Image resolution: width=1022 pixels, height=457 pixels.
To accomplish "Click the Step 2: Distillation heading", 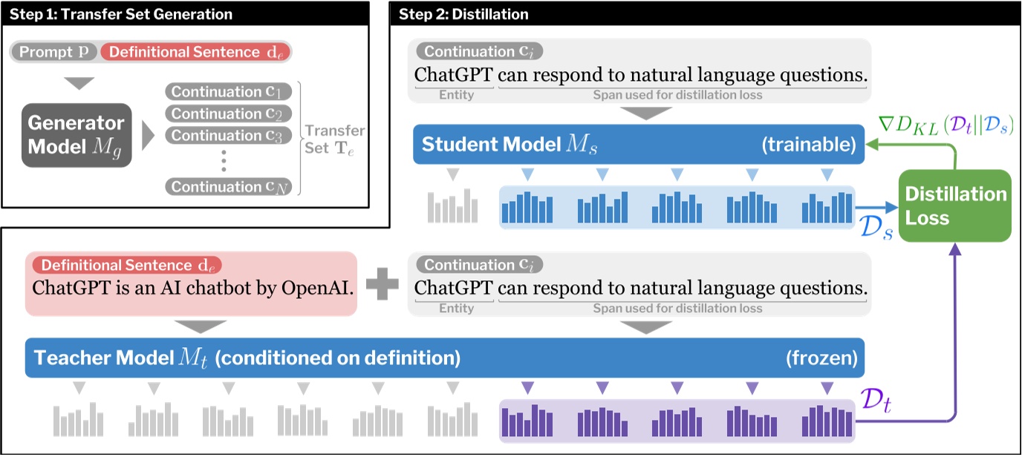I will pyautogui.click(x=463, y=14).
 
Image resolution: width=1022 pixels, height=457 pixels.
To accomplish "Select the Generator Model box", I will pyautogui.click(x=76, y=134).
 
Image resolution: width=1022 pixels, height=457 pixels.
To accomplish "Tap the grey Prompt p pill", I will pyautogui.click(x=54, y=52).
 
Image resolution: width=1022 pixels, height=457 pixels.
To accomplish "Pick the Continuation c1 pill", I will pyautogui.click(x=227, y=92).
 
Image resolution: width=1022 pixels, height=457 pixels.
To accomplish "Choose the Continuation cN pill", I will pyautogui.click(x=227, y=187).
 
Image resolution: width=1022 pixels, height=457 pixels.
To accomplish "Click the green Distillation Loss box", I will pyautogui.click(x=954, y=206).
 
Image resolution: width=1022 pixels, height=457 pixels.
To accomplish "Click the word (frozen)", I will pyautogui.click(x=821, y=359).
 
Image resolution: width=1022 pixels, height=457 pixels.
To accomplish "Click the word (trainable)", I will pyautogui.click(x=808, y=145).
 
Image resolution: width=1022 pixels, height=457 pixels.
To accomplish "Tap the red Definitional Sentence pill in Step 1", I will pyautogui.click(x=196, y=52).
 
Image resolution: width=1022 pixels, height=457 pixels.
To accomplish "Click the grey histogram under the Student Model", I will pyautogui.click(x=452, y=207).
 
